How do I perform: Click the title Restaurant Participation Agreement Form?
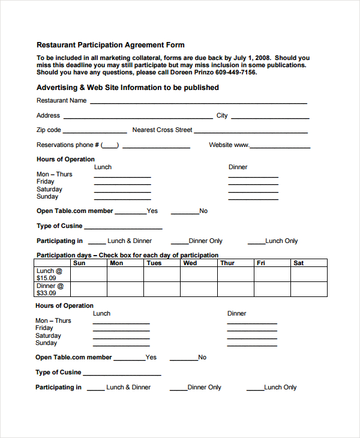[110, 45]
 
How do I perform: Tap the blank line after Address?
[137, 117]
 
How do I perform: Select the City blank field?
[269, 117]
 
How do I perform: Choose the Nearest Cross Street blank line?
[250, 131]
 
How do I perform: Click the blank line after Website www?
[280, 146]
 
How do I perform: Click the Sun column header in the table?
[79, 263]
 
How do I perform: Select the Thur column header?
[227, 263]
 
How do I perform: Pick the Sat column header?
[299, 263]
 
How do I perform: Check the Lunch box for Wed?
[199, 274]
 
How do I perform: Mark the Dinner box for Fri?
[272, 289]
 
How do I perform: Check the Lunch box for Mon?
[125, 274]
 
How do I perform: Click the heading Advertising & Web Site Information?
[127, 88]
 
